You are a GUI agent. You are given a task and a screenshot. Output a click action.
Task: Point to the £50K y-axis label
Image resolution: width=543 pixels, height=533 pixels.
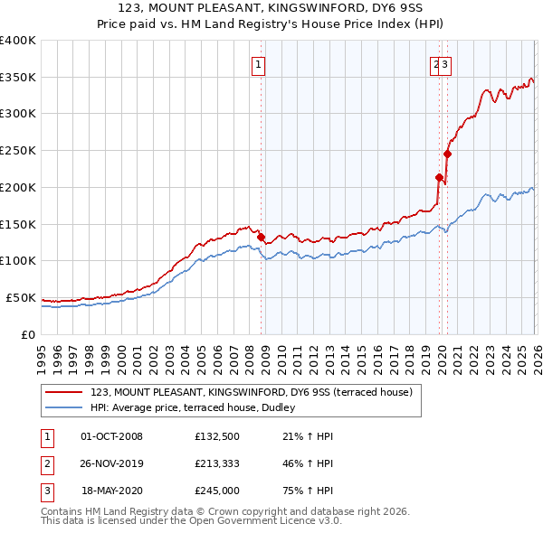pyautogui.click(x=19, y=297)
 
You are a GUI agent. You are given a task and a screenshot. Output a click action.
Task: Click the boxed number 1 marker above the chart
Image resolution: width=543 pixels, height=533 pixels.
pyautogui.click(x=259, y=64)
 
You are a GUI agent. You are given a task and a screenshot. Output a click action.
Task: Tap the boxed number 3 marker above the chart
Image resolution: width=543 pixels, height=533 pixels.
pyautogui.click(x=446, y=64)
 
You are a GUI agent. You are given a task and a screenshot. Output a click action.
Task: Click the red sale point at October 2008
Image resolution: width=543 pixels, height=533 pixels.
pyautogui.click(x=261, y=237)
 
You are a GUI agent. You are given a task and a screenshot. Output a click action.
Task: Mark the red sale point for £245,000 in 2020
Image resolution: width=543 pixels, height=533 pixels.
pyautogui.click(x=447, y=154)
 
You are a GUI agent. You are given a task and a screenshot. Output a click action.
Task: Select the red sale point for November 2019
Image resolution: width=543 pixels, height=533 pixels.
pyautogui.click(x=439, y=177)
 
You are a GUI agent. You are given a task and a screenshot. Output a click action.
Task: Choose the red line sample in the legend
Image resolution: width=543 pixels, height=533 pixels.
pyautogui.click(x=64, y=392)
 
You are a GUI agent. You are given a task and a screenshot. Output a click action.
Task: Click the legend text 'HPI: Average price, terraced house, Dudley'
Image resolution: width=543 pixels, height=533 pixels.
pyautogui.click(x=199, y=407)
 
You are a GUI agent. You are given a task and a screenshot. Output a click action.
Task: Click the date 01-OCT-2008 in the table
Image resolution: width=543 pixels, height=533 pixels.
pyautogui.click(x=111, y=436)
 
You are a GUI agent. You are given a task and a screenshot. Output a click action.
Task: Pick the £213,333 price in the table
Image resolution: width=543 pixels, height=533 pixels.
pyautogui.click(x=217, y=463)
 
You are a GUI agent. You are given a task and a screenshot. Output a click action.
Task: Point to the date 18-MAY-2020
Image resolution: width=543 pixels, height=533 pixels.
pyautogui.click(x=112, y=491)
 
